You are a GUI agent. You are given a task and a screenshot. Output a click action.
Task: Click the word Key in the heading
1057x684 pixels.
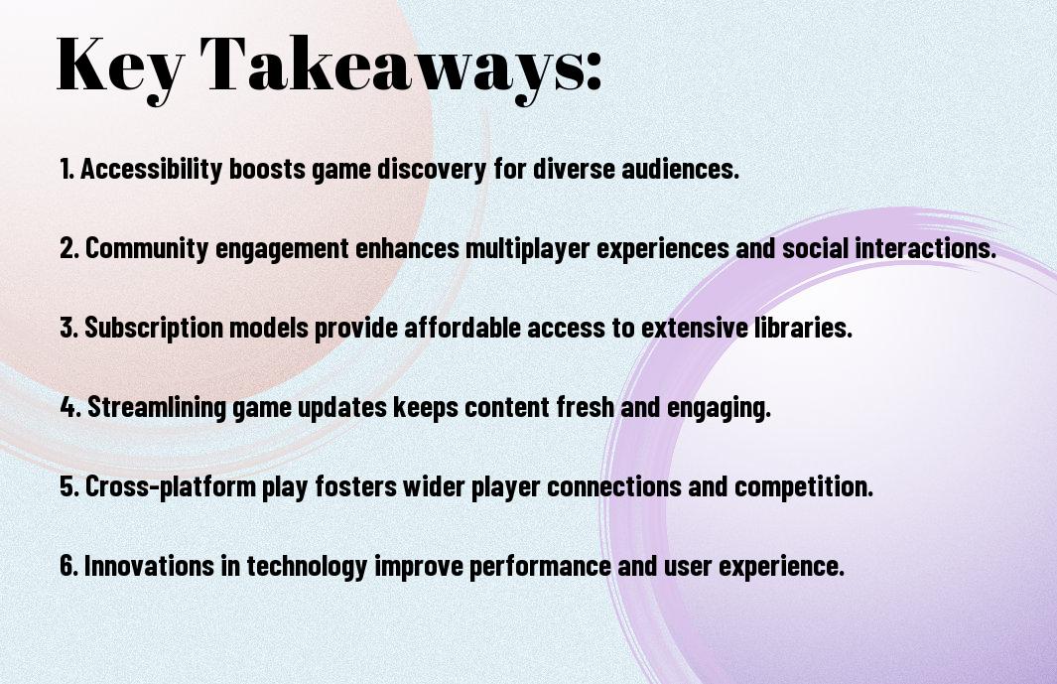click(120, 67)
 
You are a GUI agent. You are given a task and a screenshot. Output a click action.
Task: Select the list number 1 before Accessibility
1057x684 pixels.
click(66, 169)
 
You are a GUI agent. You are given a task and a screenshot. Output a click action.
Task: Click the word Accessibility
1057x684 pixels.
click(151, 170)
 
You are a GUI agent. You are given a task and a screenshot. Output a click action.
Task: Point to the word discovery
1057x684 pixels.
click(431, 170)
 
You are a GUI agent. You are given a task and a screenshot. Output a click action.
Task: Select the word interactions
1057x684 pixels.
click(926, 248)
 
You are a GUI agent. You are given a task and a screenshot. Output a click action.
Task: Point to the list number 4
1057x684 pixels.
click(70, 407)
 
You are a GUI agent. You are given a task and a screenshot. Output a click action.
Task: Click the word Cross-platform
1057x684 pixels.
click(171, 487)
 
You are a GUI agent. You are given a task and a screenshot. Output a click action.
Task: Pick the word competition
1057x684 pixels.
click(804, 486)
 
